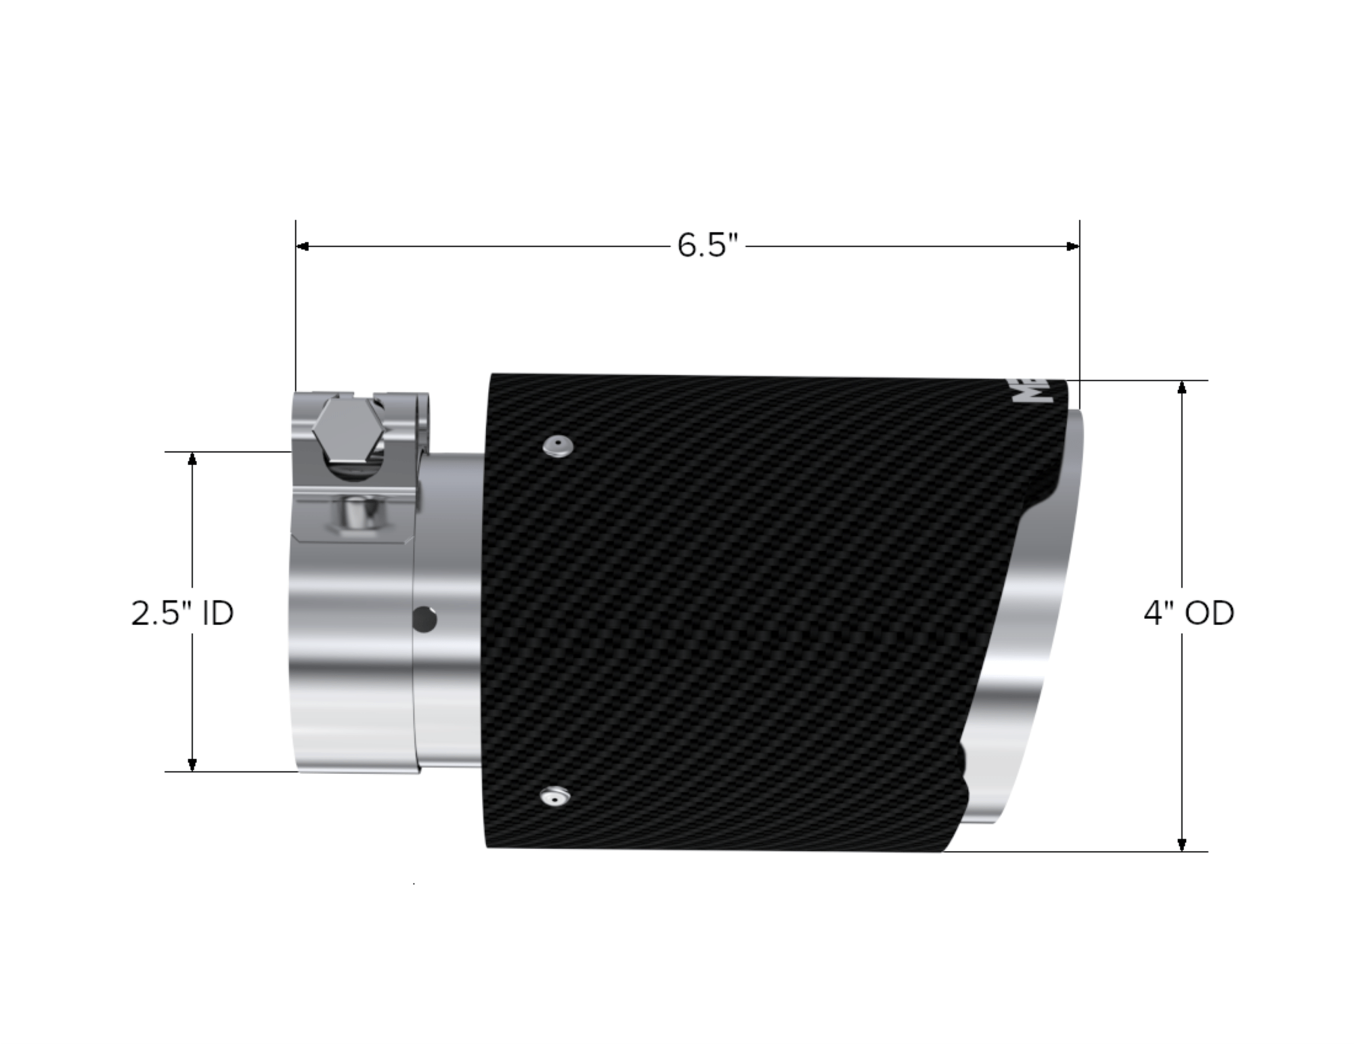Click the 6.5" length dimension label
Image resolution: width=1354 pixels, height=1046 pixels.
(x=707, y=245)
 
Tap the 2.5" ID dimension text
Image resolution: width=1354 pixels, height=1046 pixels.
(x=182, y=613)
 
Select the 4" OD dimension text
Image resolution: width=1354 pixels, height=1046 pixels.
(x=1189, y=613)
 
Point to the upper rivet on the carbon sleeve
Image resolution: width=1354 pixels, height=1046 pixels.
(x=557, y=446)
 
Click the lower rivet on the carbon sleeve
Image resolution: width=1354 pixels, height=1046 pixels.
(x=554, y=797)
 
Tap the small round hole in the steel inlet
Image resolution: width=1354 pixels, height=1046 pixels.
(x=425, y=619)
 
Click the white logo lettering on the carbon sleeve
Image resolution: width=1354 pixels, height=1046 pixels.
(x=1030, y=393)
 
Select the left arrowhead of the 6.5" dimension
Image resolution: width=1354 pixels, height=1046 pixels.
(x=303, y=246)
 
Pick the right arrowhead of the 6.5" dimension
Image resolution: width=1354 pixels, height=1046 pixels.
(x=1072, y=246)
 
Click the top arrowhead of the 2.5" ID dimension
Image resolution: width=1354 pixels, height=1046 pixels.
(x=192, y=458)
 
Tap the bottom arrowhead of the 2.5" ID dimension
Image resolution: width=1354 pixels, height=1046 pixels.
(x=192, y=764)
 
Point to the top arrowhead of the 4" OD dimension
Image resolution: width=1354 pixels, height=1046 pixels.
(x=1182, y=387)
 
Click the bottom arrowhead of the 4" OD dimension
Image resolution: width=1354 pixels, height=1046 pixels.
(x=1182, y=844)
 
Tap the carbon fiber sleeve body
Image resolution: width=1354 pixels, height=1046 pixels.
(x=731, y=609)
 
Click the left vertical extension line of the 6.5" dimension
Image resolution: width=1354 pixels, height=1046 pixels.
(x=296, y=305)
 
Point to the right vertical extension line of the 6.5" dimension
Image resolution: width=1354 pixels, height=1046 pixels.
(x=1079, y=305)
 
